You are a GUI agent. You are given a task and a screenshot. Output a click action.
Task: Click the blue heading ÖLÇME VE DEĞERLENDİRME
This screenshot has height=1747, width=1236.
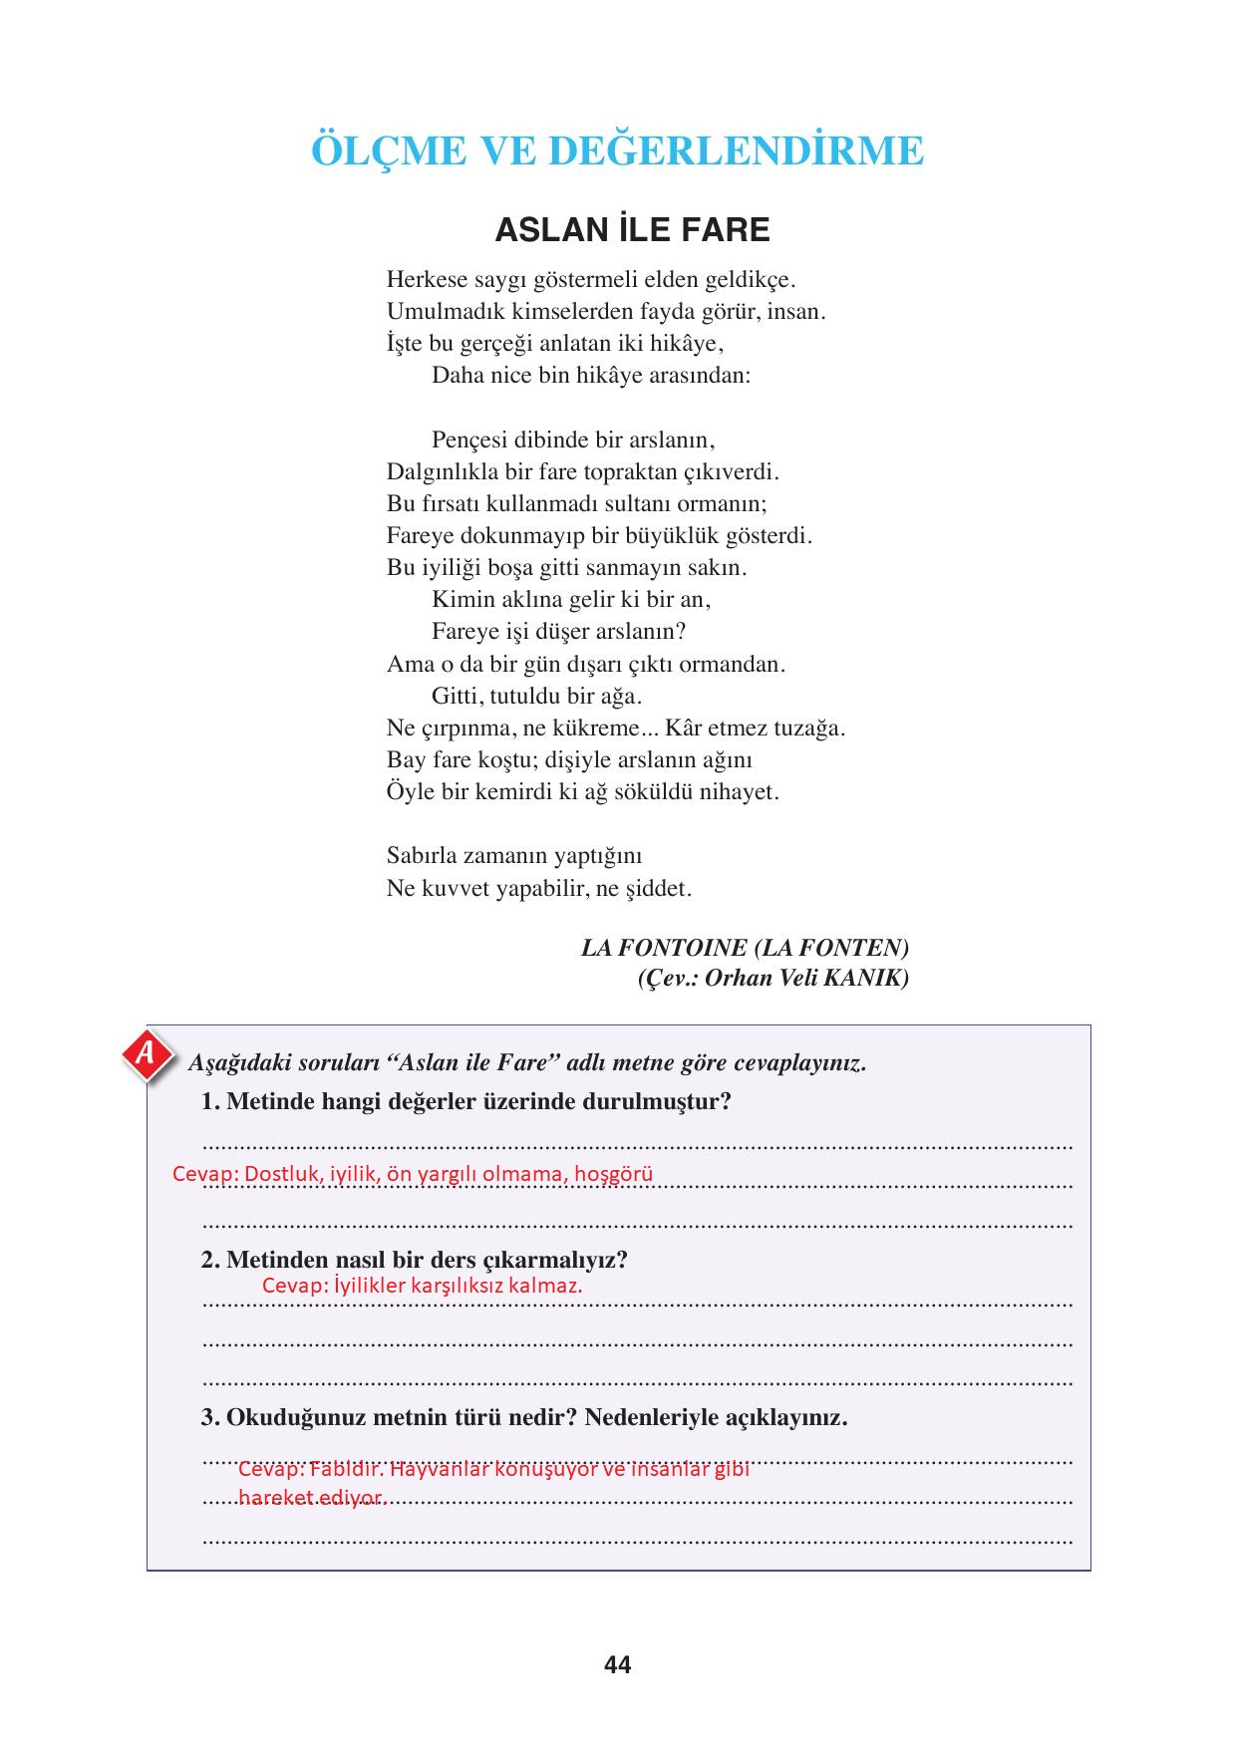pos(617,151)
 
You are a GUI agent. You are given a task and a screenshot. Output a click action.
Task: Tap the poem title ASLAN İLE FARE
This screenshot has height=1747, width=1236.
pos(632,230)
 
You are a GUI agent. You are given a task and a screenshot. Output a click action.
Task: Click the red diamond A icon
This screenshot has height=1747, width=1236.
pos(147,1054)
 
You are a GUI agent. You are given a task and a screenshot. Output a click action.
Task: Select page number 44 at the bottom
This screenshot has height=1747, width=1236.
pos(617,1665)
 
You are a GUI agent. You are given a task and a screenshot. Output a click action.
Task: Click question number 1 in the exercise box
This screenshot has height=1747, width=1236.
pos(209,1101)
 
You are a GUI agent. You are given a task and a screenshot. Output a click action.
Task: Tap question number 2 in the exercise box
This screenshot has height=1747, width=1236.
pos(209,1260)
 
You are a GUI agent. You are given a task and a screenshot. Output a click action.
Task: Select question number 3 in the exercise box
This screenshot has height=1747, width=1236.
pos(209,1417)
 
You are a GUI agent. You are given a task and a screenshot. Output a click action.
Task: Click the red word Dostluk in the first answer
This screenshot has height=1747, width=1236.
pos(282,1174)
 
